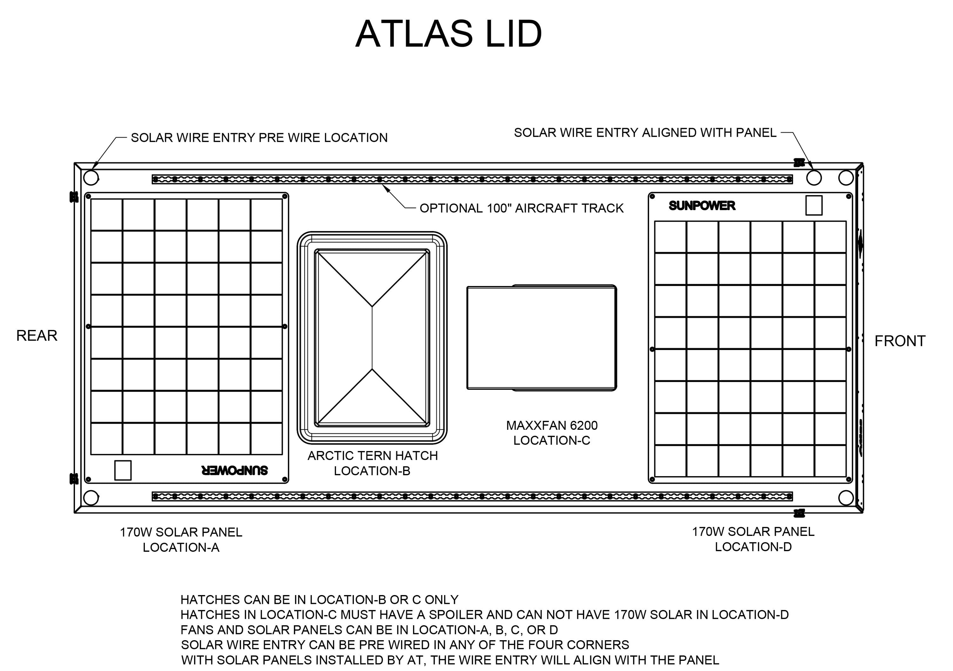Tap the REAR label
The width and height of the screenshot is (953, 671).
(x=37, y=336)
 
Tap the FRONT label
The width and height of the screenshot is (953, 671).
(x=900, y=341)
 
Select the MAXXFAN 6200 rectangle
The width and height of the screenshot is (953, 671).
(x=541, y=338)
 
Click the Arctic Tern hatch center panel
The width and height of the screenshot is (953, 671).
(x=372, y=338)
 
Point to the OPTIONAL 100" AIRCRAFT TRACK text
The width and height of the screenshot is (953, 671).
(x=521, y=208)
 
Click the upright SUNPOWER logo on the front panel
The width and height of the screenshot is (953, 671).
(x=702, y=206)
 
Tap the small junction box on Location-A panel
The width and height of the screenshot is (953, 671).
(x=123, y=470)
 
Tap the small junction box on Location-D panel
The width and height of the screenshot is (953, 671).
(x=814, y=206)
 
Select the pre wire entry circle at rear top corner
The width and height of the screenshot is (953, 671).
(x=91, y=178)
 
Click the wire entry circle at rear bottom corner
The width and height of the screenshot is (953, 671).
(x=91, y=497)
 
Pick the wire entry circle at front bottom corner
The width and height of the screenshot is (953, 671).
(x=846, y=497)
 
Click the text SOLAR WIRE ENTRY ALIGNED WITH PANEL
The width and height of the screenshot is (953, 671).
(x=645, y=133)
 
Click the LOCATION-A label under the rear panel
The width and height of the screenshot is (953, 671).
(x=181, y=548)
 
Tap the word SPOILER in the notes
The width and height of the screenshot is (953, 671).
(x=455, y=614)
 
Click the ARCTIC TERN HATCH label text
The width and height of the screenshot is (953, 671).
(x=372, y=455)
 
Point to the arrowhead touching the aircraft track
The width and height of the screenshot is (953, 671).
(x=386, y=188)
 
